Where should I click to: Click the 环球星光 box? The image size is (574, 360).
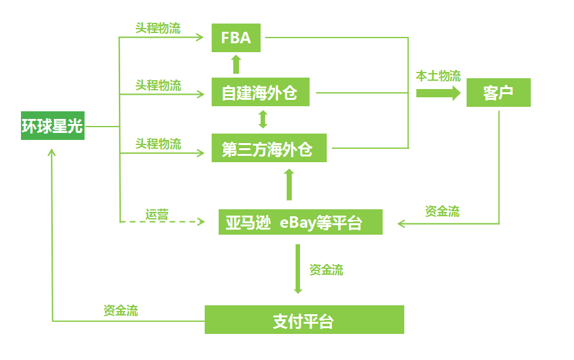[x=53, y=127]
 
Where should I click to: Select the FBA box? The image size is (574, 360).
[x=236, y=38]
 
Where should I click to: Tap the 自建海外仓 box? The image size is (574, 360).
[x=260, y=93]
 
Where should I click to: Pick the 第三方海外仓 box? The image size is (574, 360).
[x=268, y=149]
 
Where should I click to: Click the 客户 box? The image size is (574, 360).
[x=498, y=93]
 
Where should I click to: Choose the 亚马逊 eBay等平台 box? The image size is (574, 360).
[x=300, y=223]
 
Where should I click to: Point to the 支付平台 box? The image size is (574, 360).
[x=304, y=320]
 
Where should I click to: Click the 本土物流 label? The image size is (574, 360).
[x=438, y=76]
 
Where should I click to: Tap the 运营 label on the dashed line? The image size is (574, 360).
[x=156, y=214]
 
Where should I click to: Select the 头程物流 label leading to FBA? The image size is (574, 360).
[x=157, y=29]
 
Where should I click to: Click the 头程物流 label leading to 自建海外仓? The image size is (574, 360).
[x=157, y=85]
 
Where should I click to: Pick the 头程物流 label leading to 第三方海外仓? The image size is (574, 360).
[x=157, y=144]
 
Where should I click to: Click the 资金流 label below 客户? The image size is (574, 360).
[x=442, y=211]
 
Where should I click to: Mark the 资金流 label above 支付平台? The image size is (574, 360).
[x=326, y=270]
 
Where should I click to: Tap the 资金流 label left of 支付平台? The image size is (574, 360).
[x=121, y=310]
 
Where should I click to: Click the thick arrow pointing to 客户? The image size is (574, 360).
[x=438, y=93]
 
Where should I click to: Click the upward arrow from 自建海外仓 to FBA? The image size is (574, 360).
[x=236, y=64]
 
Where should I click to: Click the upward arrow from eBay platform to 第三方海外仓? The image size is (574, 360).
[x=289, y=184]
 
